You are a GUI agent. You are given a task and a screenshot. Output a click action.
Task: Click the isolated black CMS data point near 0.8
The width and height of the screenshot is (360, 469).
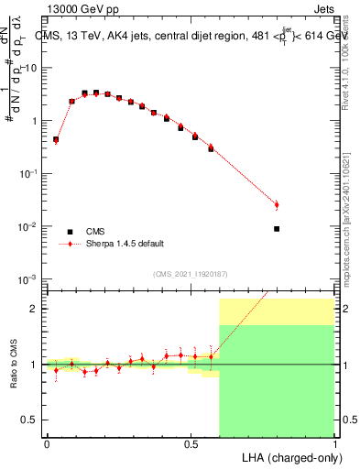277,229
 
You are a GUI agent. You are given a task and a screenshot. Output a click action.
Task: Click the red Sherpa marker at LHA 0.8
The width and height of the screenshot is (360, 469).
277,204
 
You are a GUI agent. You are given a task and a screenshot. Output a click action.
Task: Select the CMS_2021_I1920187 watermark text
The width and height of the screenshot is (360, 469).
191,273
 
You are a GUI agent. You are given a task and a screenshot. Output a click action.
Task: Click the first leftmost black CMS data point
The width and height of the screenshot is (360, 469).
56,140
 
